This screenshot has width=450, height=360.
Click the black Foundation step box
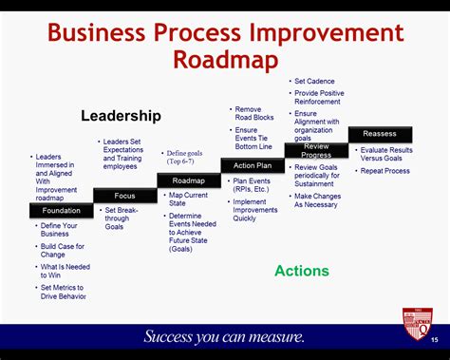pos(62,211)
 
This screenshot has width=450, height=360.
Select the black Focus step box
pos(125,196)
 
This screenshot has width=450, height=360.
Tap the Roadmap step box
pos(188,180)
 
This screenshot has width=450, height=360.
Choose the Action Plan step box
pos(253,165)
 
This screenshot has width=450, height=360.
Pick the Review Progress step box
pos(316,150)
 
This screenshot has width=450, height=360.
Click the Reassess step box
pos(380,134)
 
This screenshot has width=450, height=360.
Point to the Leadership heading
pos(121,116)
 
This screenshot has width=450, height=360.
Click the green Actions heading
pos(302,271)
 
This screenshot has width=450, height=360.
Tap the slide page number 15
pos(435,340)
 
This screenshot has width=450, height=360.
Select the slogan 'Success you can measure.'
pos(224,336)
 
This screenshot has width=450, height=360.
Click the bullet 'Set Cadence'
pos(314,81)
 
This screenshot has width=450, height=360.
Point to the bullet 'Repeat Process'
pos(384,171)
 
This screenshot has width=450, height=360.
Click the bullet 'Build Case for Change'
pos(63,250)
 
